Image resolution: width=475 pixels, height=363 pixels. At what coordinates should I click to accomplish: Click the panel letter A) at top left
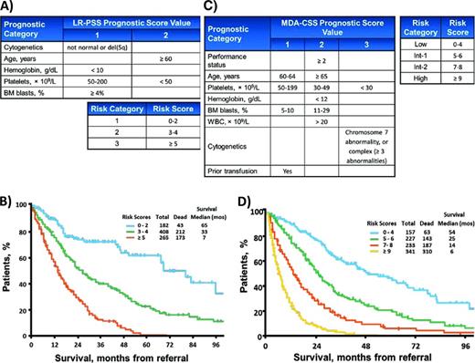8,6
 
